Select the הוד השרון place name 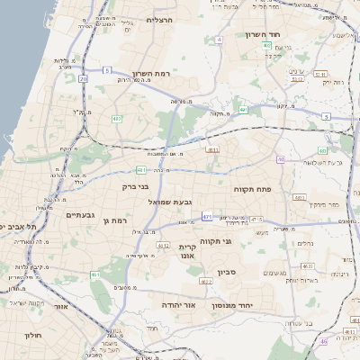tap(263, 35)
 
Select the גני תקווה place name tap(239, 241)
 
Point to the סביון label tap(225, 271)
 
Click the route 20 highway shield tap(83, 79)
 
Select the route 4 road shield tap(219, 40)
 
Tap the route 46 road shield tap(323, 342)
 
